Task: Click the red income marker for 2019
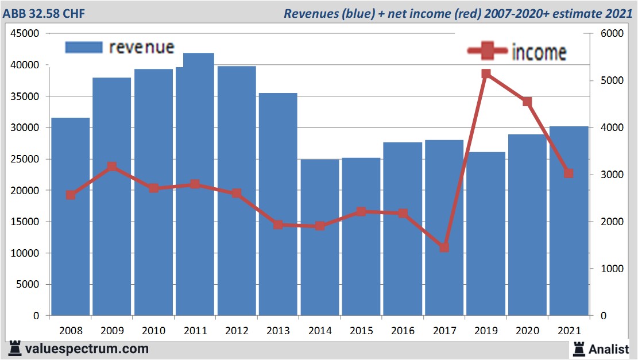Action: pyautogui.click(x=486, y=73)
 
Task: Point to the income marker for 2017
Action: pyautogui.click(x=444, y=247)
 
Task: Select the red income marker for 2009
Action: pyautogui.click(x=112, y=167)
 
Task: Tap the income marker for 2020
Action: pyautogui.click(x=527, y=102)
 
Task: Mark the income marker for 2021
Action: pyautogui.click(x=569, y=173)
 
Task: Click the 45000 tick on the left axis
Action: pyautogui.click(x=26, y=34)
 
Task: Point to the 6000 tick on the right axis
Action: pyautogui.click(x=612, y=34)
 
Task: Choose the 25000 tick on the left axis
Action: pyautogui.click(x=26, y=159)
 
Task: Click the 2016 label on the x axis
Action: pyautogui.click(x=403, y=331)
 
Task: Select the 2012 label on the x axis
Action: pyautogui.click(x=237, y=331)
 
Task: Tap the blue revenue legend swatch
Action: pyautogui.click(x=83, y=47)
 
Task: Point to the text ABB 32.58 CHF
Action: pyautogui.click(x=44, y=13)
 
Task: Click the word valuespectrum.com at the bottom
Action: pyautogui.click(x=87, y=348)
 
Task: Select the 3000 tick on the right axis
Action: pyautogui.click(x=612, y=175)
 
